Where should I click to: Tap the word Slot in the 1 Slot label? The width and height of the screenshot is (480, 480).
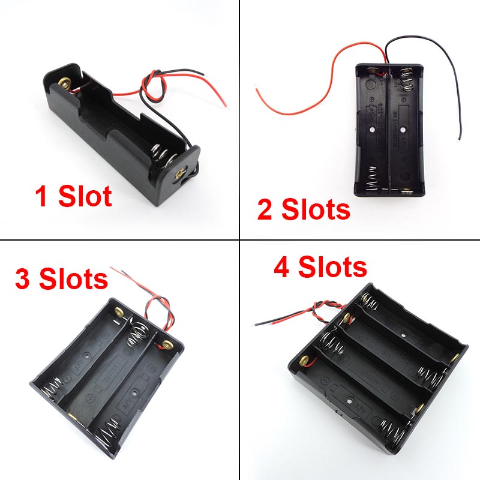click(x=85, y=197)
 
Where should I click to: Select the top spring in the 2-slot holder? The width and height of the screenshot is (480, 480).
click(x=407, y=82)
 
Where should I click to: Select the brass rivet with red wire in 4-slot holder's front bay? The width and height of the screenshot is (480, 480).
click(x=301, y=361)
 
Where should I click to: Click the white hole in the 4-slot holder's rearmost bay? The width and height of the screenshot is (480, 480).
click(x=404, y=334)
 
